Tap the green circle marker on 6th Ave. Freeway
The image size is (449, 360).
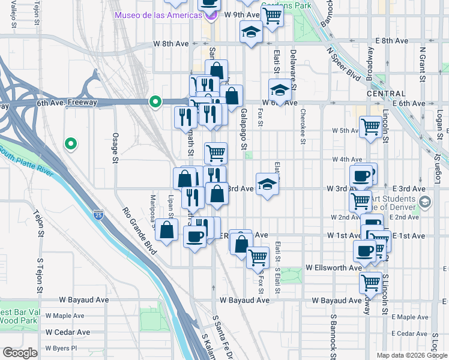156,103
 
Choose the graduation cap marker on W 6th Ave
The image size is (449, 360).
279,90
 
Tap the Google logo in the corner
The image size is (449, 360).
20,353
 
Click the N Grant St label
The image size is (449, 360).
422,65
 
